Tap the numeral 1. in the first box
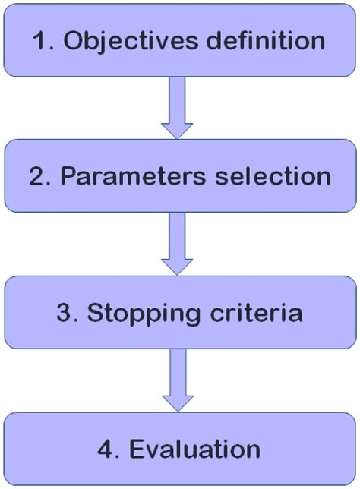click(42, 41)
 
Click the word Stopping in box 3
click(125, 312)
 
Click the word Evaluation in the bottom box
click(196, 448)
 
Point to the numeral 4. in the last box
click(110, 448)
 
